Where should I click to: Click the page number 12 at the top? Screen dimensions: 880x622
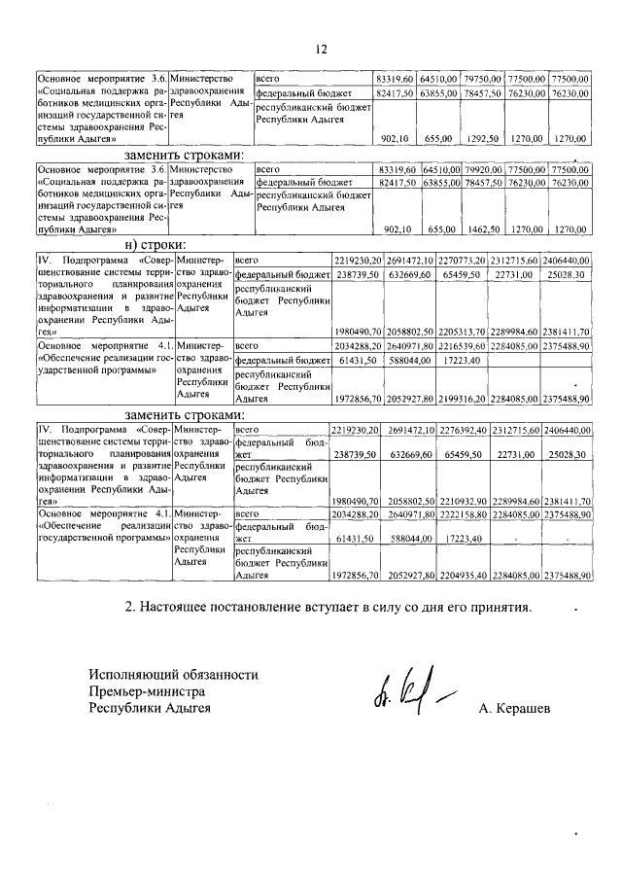click(x=322, y=49)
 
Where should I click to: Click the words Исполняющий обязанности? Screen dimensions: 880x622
click(x=174, y=674)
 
